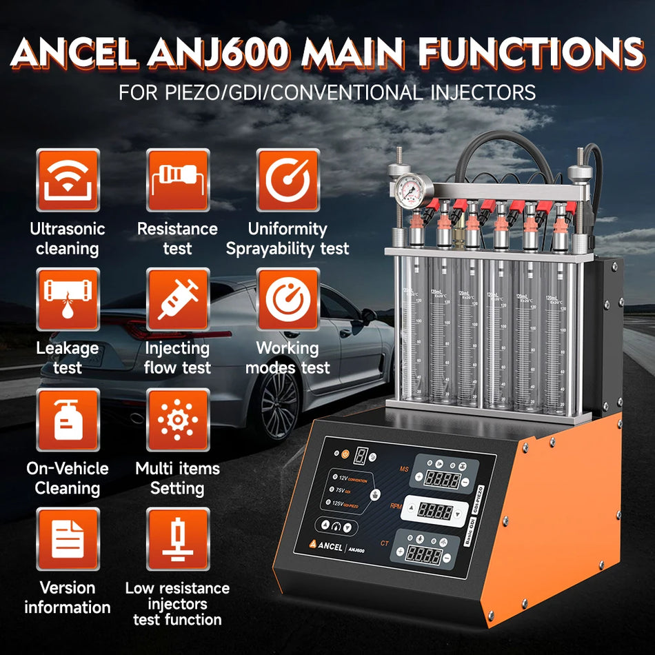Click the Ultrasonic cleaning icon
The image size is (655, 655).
(x=68, y=180)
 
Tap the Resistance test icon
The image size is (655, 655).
(x=177, y=180)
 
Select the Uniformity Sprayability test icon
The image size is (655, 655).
(x=288, y=180)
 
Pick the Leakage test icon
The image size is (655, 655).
(x=68, y=299)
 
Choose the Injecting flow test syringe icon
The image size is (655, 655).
(x=177, y=299)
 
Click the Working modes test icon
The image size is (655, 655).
(x=288, y=299)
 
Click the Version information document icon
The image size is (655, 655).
(x=68, y=538)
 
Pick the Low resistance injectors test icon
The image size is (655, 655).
(x=177, y=538)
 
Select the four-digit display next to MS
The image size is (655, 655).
(x=441, y=478)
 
